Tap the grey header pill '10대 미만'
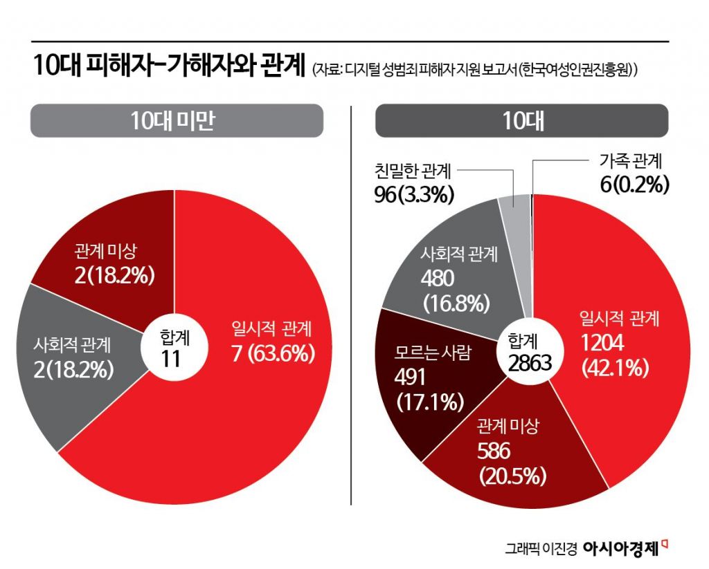click(177, 121)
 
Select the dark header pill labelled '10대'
click(522, 121)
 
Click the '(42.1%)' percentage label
click(615, 369)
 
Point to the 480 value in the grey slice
click(438, 278)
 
